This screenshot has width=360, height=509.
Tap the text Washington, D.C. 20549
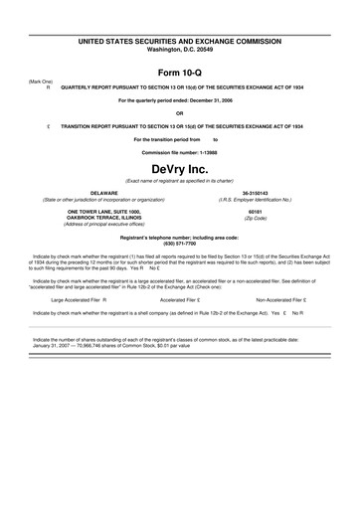pyautogui.click(x=180, y=49)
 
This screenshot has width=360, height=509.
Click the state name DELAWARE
pyautogui.click(x=90, y=192)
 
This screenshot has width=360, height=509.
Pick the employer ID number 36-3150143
pyautogui.click(x=268, y=192)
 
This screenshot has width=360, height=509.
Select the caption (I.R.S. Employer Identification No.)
pyautogui.click(x=268, y=199)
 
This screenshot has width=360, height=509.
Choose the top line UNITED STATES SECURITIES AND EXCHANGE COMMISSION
pyautogui.click(x=180, y=41)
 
